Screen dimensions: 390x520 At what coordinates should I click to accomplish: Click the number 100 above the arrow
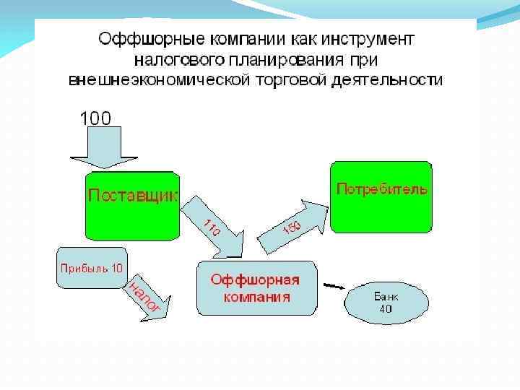tap(95, 118)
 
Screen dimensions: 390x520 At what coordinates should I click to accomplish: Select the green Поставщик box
tap(131, 206)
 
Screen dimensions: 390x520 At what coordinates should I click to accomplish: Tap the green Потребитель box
tap(381, 198)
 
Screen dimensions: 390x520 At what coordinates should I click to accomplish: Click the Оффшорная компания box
tap(256, 288)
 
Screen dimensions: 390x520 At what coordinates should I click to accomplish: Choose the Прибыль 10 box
tap(90, 267)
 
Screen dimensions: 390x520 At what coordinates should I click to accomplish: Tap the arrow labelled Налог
tap(149, 296)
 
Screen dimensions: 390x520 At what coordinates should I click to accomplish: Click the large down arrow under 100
tap(95, 152)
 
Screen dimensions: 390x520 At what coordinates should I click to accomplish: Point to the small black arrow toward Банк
tap(334, 286)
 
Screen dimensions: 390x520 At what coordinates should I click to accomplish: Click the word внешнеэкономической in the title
tap(157, 79)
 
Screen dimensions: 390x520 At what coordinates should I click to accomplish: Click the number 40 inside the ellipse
tap(386, 309)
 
